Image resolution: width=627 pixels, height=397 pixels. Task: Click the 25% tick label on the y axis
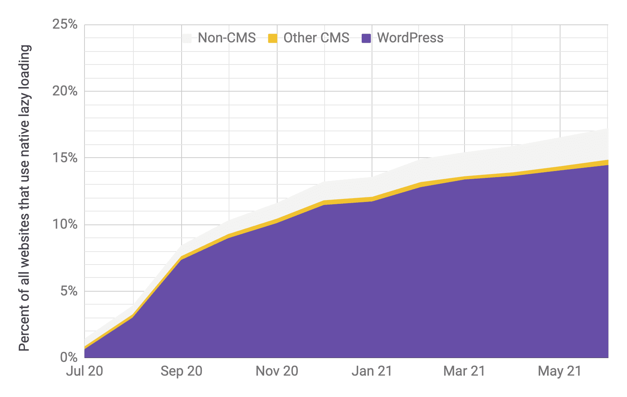point(65,25)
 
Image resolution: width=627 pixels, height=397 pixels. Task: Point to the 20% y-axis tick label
point(65,91)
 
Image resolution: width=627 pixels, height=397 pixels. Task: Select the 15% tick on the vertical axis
point(65,158)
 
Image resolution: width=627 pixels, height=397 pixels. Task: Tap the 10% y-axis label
point(65,224)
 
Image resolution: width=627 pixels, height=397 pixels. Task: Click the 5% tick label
point(69,291)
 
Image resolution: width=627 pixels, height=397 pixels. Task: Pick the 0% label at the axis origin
point(69,358)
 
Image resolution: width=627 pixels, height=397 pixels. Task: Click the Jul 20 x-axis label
point(84,371)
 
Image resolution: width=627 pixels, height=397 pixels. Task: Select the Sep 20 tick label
point(181,371)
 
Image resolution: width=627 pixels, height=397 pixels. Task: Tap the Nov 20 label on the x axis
point(277,371)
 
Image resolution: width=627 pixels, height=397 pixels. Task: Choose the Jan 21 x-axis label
point(372,371)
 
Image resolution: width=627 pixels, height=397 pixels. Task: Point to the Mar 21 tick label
point(464,371)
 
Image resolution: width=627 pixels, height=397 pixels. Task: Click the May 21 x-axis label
point(560,371)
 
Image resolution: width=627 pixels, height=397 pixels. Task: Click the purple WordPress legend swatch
point(366,38)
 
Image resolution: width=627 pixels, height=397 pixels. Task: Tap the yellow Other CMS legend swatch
point(273,38)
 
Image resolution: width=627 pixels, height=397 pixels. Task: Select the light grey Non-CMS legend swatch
point(187,38)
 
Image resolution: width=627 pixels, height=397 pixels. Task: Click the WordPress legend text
point(410,38)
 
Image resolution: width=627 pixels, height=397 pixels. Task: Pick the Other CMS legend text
point(316,38)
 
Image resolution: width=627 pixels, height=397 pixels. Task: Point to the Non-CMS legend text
point(227,38)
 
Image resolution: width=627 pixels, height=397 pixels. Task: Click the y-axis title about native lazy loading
point(24,198)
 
